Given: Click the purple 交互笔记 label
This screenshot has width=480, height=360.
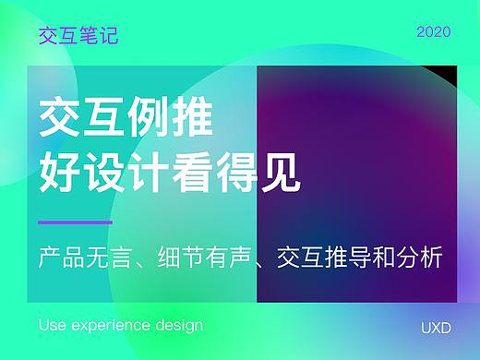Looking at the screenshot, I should click(x=78, y=36).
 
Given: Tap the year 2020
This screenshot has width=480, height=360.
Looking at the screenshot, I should click(x=433, y=32).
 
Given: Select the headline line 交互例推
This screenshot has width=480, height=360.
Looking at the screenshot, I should click(x=126, y=120).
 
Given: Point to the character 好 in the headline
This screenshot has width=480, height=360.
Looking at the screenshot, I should click(x=60, y=171).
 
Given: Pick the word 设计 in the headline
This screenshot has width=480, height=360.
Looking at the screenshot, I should click(x=126, y=171).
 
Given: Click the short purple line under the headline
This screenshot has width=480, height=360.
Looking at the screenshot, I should click(x=75, y=222).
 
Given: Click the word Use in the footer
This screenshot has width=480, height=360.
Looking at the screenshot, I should click(x=53, y=326).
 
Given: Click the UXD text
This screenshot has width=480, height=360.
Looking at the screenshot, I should click(x=435, y=327).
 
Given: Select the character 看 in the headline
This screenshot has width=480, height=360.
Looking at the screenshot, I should click(x=193, y=171).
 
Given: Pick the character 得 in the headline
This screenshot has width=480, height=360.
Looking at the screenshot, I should click(x=237, y=171).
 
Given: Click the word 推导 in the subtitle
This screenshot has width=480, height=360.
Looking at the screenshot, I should click(x=359, y=254).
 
